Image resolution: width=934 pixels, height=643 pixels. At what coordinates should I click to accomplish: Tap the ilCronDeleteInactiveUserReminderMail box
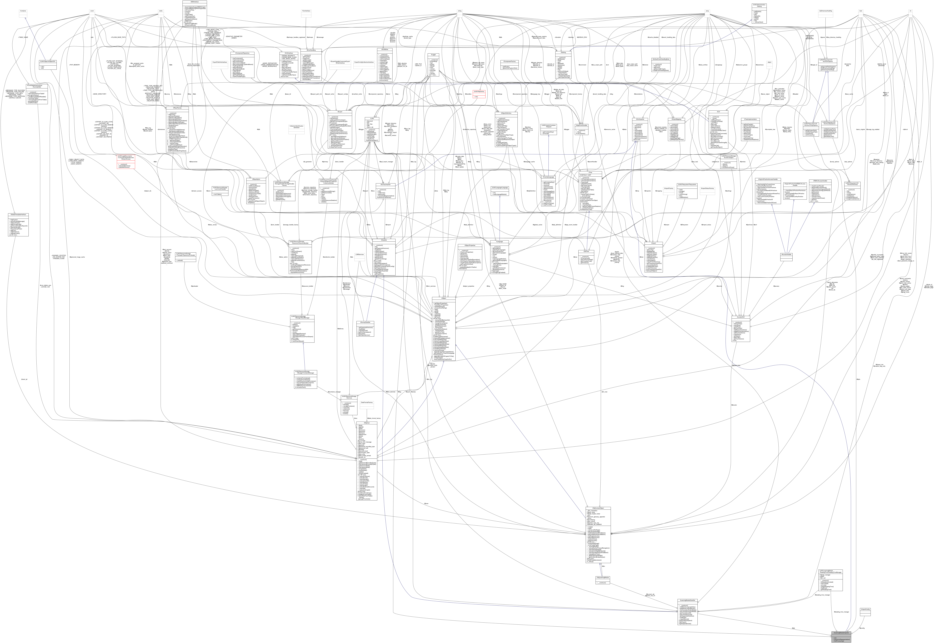(x=37, y=94)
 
